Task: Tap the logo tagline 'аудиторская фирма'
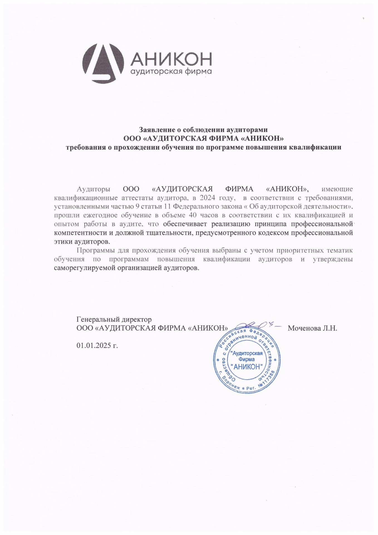point(171,72)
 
